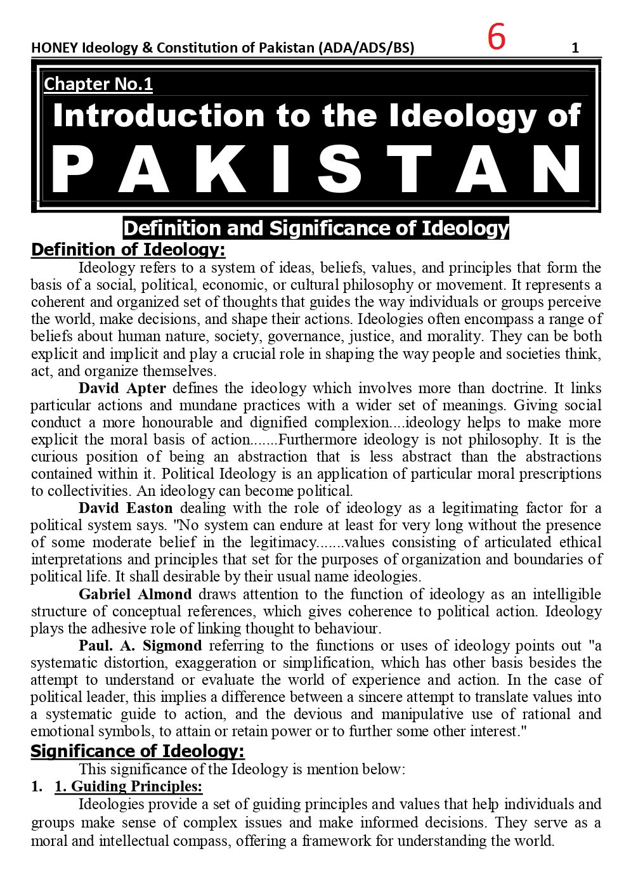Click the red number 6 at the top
click(496, 37)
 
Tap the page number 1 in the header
click(575, 48)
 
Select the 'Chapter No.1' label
click(98, 84)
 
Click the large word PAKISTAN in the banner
click(317, 169)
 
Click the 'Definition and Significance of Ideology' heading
click(316, 228)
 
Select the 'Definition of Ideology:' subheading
click(128, 249)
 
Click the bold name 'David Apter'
click(122, 388)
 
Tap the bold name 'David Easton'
click(126, 508)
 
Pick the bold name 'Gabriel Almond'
click(135, 594)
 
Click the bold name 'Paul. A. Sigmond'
click(140, 646)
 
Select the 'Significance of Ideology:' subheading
click(138, 751)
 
